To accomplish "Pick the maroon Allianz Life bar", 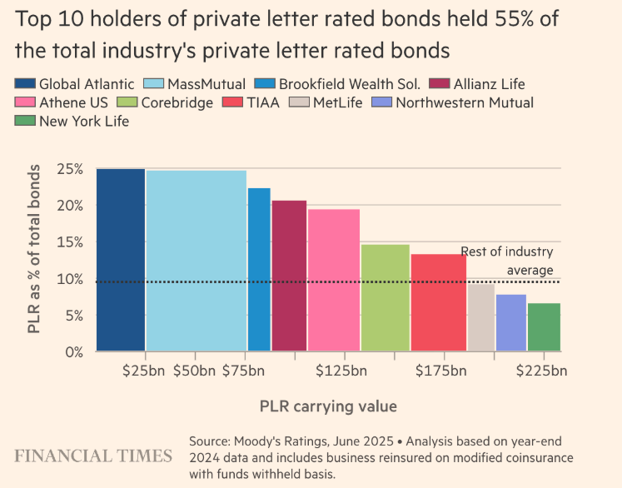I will click(x=289, y=276).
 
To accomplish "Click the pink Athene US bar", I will click(x=333, y=280).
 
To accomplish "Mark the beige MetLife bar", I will click(x=480, y=317).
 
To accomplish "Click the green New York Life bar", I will click(x=544, y=326).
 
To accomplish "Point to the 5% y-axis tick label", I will click(x=72, y=316).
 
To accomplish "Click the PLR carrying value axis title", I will click(x=327, y=406).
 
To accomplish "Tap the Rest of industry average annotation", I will click(x=507, y=261).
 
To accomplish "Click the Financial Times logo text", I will click(x=93, y=456).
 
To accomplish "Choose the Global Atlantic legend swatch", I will click(x=25, y=84).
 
